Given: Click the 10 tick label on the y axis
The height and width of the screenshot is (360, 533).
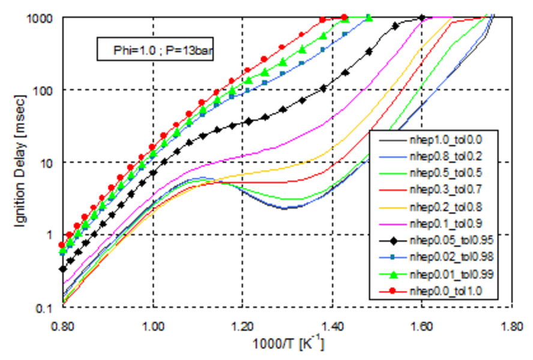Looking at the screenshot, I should (x=50, y=163).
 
